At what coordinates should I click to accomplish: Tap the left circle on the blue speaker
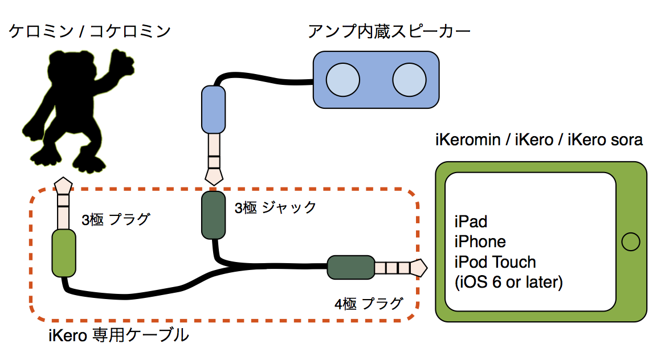click(x=342, y=79)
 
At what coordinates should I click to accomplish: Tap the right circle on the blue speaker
click(x=409, y=79)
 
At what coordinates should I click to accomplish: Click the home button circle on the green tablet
click(x=630, y=242)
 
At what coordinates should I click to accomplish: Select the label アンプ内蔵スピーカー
click(x=389, y=31)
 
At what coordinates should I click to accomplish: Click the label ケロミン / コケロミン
click(x=89, y=31)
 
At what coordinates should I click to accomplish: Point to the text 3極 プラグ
click(x=116, y=219)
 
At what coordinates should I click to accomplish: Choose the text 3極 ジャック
click(x=275, y=207)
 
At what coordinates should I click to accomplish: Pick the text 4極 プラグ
click(x=369, y=304)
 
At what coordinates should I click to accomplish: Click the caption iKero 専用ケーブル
click(x=119, y=336)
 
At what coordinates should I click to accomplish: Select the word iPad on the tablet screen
click(x=471, y=221)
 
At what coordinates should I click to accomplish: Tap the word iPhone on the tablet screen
click(x=480, y=242)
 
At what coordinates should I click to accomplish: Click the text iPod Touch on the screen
click(x=495, y=262)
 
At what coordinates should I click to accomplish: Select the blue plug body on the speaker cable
click(x=213, y=108)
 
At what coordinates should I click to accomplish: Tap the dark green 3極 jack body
click(x=214, y=216)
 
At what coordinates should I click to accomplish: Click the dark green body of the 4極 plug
click(x=350, y=267)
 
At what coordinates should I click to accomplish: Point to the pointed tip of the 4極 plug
click(x=421, y=267)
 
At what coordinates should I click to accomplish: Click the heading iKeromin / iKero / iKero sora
click(x=539, y=140)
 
